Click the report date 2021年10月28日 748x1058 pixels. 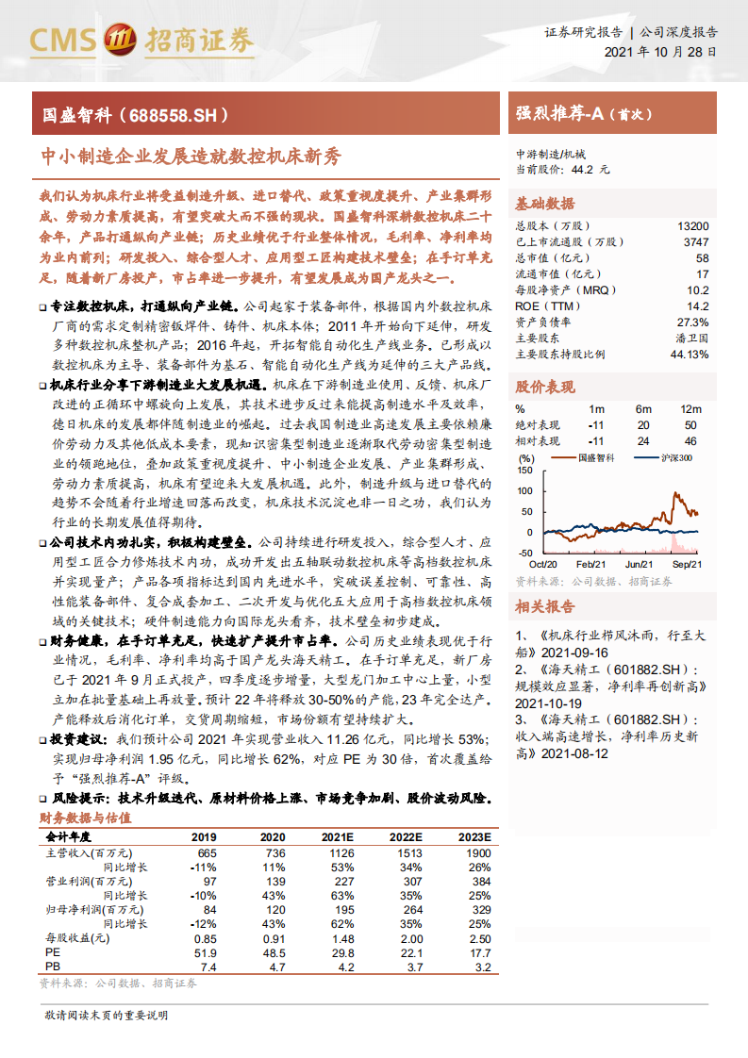[659, 53]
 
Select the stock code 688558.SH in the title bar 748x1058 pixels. [177, 115]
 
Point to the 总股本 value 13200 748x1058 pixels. [692, 227]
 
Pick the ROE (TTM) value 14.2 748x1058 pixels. [697, 306]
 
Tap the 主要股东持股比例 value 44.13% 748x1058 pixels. [689, 355]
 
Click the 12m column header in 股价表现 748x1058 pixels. [691, 409]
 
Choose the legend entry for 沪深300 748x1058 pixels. [675, 457]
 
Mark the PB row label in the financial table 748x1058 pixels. [53, 967]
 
